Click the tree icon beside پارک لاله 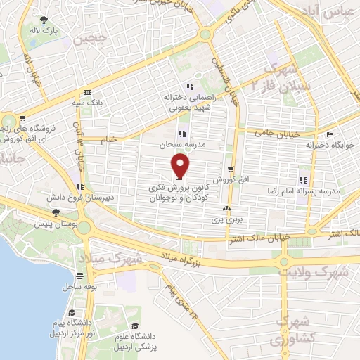[44, 20]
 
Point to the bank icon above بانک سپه [87, 92]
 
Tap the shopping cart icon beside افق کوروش [231, 169]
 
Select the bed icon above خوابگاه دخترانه [330, 134]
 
